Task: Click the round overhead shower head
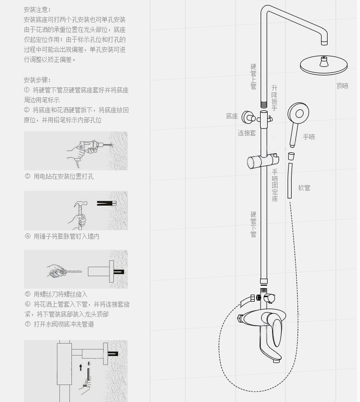pyautogui.click(x=323, y=65)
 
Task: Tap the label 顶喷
pyautogui.click(x=342, y=86)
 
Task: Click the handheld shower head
pyautogui.click(x=299, y=114)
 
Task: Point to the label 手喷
pyautogui.click(x=309, y=137)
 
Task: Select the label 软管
pyautogui.click(x=304, y=188)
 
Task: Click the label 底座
pyautogui.click(x=232, y=116)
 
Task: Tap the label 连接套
pyautogui.click(x=247, y=133)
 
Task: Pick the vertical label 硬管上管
pyautogui.click(x=253, y=76)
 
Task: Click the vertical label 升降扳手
pyautogui.click(x=274, y=98)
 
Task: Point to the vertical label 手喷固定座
pyautogui.click(x=275, y=185)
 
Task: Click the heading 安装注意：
pyautogui.click(x=37, y=9)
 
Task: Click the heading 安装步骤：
pyautogui.click(x=37, y=80)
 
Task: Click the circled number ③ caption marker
pyautogui.click(x=27, y=176)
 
